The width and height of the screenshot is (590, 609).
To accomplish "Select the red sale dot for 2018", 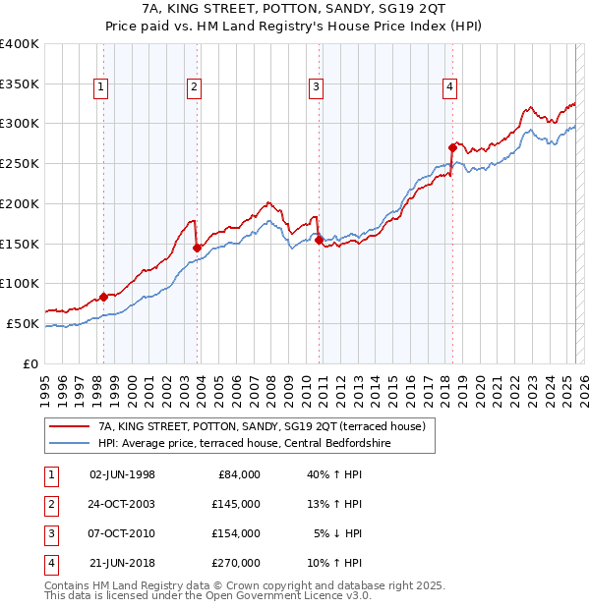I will pyautogui.click(x=452, y=147).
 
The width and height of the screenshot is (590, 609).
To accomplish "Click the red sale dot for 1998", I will pyautogui.click(x=103, y=296).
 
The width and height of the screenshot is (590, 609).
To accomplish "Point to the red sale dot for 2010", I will pyautogui.click(x=320, y=240).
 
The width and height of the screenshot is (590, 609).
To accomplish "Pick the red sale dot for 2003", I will pyautogui.click(x=198, y=247).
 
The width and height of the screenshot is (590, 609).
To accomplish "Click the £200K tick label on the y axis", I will pyautogui.click(x=20, y=203).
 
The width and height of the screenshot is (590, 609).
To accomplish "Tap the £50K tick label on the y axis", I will pyautogui.click(x=24, y=323).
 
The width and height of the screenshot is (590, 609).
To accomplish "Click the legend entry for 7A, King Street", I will pyautogui.click(x=261, y=426).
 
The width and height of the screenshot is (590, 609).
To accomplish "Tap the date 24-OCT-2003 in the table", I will pyautogui.click(x=122, y=504).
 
